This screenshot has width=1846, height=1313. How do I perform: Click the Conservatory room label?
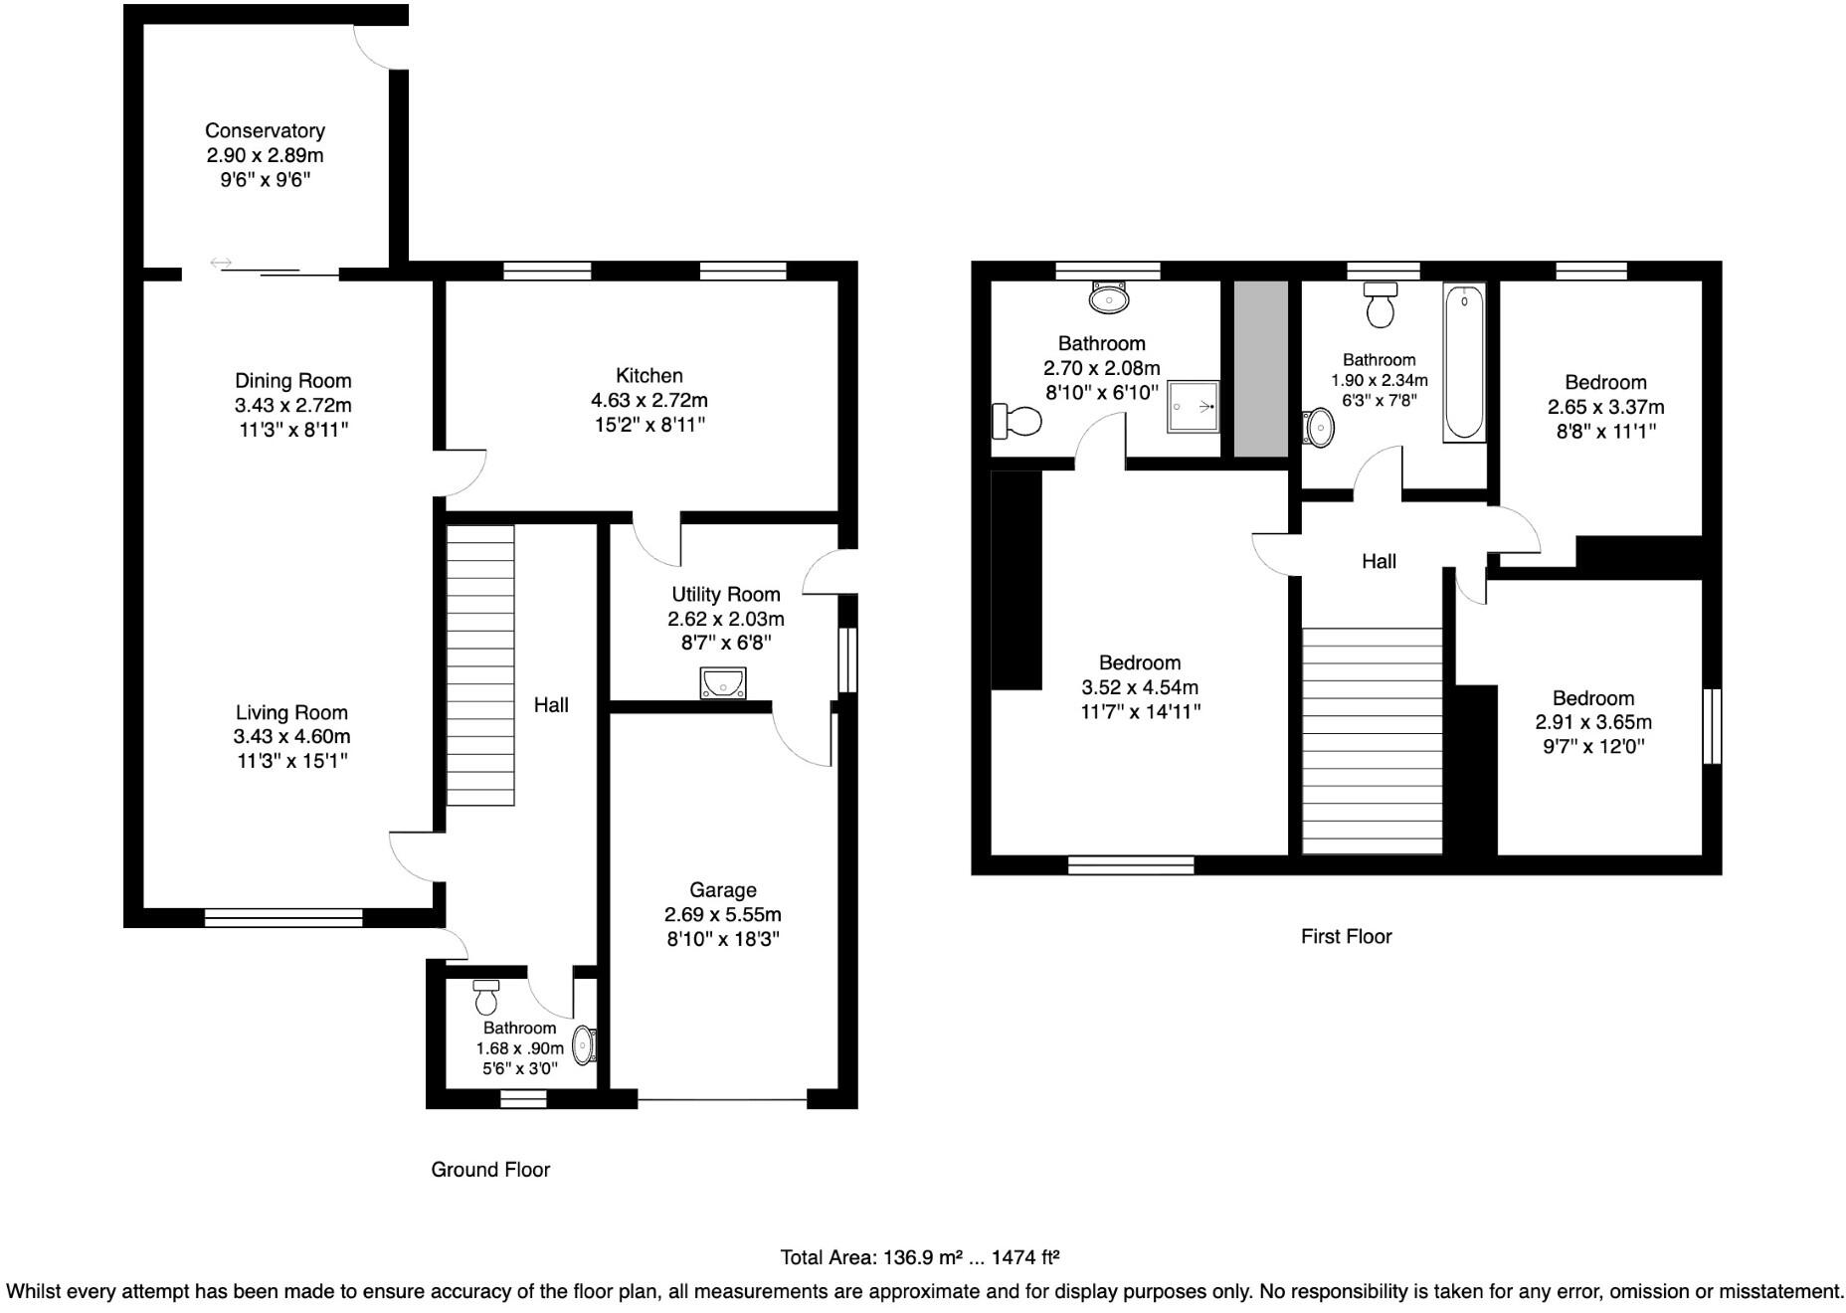point(265,131)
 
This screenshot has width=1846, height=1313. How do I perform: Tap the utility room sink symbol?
point(723,683)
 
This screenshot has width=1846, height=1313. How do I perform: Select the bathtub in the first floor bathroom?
point(1464,363)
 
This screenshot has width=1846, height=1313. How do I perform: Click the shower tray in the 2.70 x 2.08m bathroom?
point(1193,406)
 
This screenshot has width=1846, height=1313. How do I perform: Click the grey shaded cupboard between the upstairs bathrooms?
point(1260,369)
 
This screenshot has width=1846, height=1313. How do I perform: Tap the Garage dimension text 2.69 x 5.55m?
point(723,914)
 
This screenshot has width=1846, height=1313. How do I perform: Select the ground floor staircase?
point(480,664)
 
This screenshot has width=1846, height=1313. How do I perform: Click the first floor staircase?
point(1372,740)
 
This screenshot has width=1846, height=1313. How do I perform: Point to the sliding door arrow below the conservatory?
point(221,263)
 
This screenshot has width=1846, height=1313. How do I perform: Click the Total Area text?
point(919,1257)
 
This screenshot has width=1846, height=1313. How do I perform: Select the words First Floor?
point(1346,936)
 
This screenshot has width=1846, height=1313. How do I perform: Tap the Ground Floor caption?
point(490,1170)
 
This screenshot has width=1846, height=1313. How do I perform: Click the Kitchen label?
point(649,376)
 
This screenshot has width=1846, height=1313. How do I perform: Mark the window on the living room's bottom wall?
point(283,918)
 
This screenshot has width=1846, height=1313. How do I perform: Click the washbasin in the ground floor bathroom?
point(585,1046)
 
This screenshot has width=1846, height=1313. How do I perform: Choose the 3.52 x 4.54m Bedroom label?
point(1140,662)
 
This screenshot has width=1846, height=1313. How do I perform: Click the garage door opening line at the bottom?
point(722,1100)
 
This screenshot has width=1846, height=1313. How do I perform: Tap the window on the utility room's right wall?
point(847,658)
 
